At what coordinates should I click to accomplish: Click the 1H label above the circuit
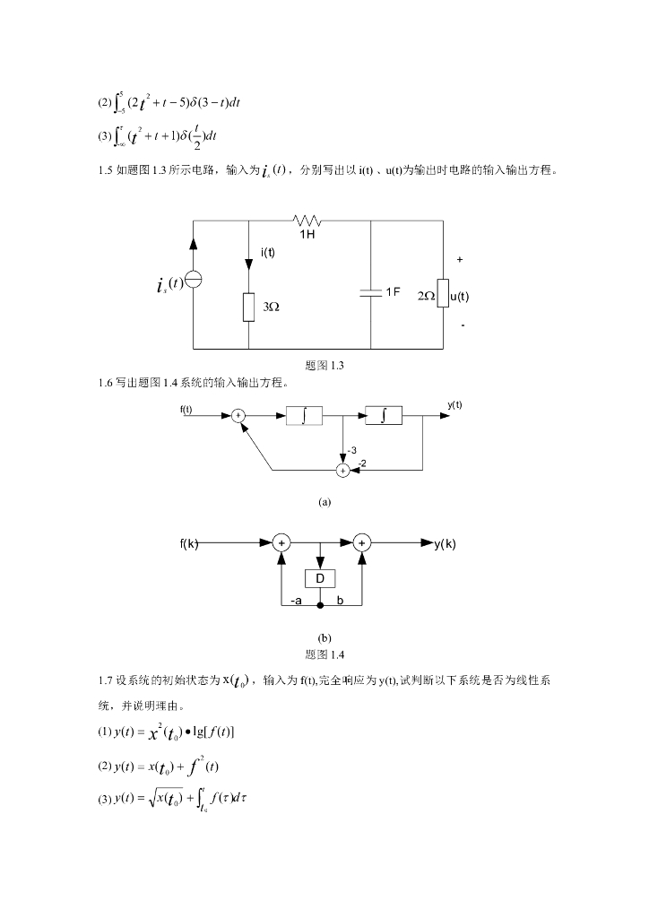click(307, 233)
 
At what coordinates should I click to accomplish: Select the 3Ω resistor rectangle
click(248, 307)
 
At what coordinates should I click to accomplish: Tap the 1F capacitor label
click(393, 292)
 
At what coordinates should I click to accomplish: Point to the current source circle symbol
click(194, 281)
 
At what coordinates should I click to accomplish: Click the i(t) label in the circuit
click(268, 252)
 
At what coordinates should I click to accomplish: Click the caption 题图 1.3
click(324, 365)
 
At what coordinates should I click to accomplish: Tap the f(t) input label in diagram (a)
click(186, 410)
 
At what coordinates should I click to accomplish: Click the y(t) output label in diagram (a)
click(455, 404)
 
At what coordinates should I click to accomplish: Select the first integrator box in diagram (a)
click(305, 416)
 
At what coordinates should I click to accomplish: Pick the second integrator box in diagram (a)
click(384, 416)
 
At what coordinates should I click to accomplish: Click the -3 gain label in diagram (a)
click(352, 450)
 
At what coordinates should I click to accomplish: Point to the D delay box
click(319, 579)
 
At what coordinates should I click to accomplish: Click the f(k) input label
click(188, 543)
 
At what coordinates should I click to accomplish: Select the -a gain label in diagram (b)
click(296, 601)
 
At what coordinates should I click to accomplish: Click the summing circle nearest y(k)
click(361, 543)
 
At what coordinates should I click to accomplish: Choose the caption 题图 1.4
click(324, 653)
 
